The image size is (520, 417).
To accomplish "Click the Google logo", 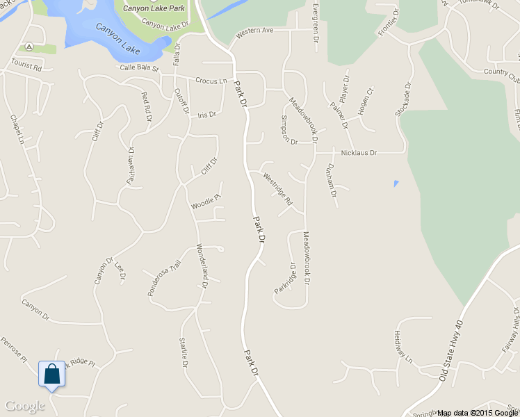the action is [x=24, y=406].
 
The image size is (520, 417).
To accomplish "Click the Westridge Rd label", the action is [x=278, y=188].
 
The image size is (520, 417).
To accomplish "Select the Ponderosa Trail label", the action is [x=164, y=278].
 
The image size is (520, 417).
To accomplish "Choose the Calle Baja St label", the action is [x=139, y=68].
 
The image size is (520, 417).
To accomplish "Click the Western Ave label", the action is [x=254, y=32].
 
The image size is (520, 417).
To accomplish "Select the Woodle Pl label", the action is [x=206, y=202].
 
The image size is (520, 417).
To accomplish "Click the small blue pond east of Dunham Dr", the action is [x=396, y=183].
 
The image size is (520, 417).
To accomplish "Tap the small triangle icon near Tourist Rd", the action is [x=29, y=47].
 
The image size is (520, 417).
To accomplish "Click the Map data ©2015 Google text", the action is [x=478, y=413].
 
